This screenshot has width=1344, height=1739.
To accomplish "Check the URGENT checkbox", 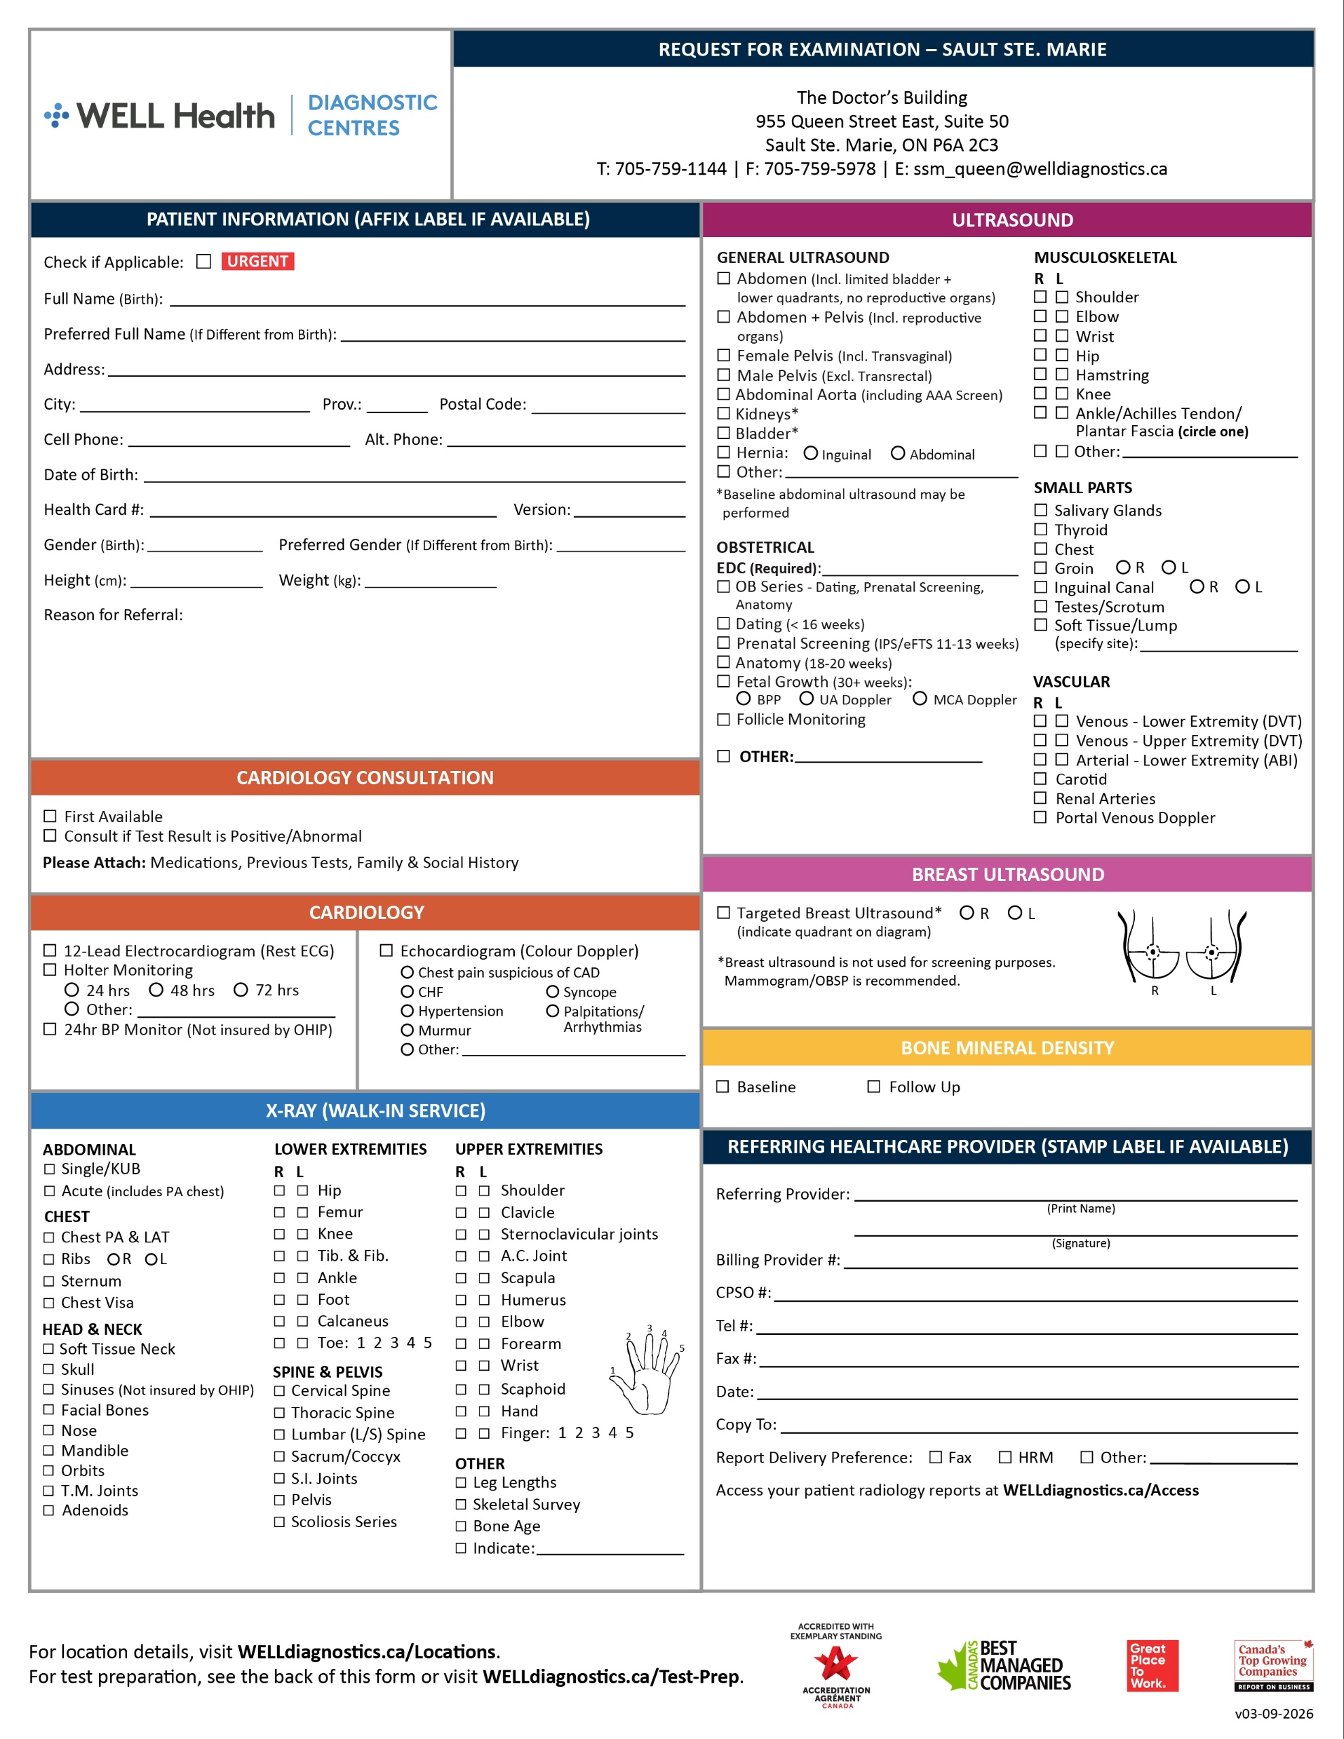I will click(204, 261).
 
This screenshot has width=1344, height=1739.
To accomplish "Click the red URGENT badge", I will click(257, 261).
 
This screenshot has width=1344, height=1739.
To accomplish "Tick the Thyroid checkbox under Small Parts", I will click(1040, 529).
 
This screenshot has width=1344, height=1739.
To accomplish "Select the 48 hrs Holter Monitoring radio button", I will click(156, 990).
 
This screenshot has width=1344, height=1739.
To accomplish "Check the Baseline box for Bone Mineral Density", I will click(722, 1087).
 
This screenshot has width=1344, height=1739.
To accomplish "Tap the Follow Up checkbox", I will click(873, 1087).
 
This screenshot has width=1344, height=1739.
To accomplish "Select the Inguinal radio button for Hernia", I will click(810, 453).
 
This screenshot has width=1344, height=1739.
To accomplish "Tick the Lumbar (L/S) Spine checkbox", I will click(280, 1435).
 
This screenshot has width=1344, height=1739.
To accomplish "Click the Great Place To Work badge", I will click(1152, 1665).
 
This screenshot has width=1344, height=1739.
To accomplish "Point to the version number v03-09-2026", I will click(1274, 1713).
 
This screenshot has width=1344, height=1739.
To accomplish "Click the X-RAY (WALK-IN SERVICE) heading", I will click(375, 1111).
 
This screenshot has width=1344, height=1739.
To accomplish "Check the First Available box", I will click(50, 816).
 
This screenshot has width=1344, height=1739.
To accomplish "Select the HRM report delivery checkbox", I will click(1006, 1457).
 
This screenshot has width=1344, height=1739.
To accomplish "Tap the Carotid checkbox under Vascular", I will click(1040, 778).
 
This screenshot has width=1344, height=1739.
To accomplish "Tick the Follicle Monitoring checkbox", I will click(723, 719).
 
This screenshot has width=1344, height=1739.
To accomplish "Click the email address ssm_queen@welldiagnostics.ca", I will click(1040, 168).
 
